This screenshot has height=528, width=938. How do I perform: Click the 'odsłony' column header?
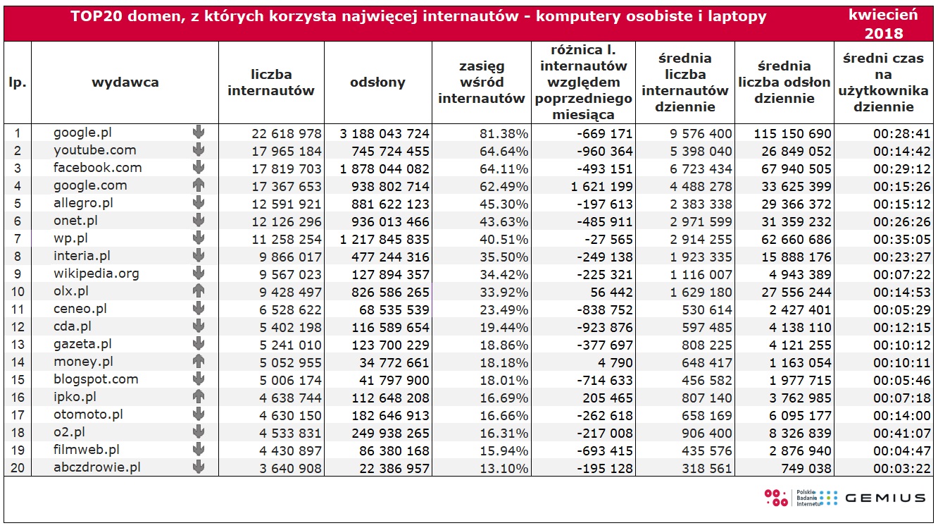click(x=377, y=82)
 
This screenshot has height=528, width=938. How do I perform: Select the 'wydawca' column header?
click(x=125, y=82)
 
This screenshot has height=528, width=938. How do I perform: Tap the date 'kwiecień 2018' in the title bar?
click(x=884, y=24)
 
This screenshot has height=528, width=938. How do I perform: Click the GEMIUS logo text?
click(x=885, y=498)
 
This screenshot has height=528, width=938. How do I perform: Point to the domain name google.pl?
click(x=82, y=133)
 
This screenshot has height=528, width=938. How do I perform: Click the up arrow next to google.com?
click(x=199, y=185)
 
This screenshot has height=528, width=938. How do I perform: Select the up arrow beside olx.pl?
click(x=199, y=291)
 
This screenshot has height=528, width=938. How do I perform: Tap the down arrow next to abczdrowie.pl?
click(x=199, y=467)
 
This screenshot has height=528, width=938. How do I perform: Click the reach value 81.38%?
click(x=504, y=134)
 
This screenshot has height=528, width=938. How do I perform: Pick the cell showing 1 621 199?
click(x=601, y=187)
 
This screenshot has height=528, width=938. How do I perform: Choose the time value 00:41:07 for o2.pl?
click(x=901, y=434)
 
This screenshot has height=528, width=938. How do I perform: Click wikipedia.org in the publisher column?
click(x=96, y=274)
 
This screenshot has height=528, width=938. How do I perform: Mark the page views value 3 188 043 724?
click(x=384, y=134)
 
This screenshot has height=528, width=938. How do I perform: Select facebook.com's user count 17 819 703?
click(x=287, y=169)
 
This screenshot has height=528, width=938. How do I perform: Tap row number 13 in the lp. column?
click(x=17, y=345)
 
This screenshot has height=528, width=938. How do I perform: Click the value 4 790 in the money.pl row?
click(x=615, y=362)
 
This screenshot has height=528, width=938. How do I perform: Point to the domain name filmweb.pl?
click(x=86, y=450)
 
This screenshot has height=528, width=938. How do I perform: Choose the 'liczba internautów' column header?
click(x=271, y=82)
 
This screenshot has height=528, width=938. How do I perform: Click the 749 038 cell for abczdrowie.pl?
click(x=806, y=469)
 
